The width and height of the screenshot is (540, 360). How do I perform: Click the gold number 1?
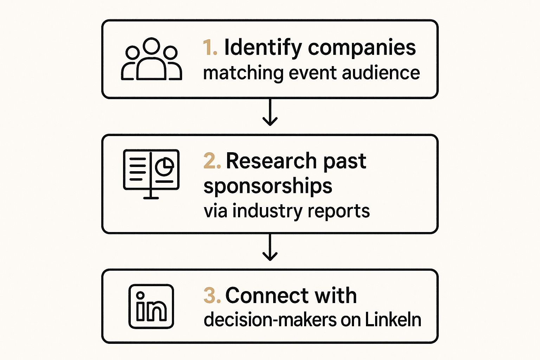pyautogui.click(x=210, y=47)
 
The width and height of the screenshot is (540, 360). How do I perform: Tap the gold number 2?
pyautogui.click(x=212, y=161)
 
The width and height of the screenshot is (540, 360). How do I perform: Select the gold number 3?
pyautogui.click(x=212, y=295)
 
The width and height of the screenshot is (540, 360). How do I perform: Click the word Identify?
pyautogui.click(x=263, y=47)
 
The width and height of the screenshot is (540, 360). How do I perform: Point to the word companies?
pyautogui.click(x=362, y=47)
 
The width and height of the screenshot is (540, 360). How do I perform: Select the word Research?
pyautogui.click(x=271, y=161)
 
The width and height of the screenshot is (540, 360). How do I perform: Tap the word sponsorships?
pyautogui.click(x=268, y=186)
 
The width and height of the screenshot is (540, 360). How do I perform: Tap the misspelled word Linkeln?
pyautogui.click(x=393, y=320)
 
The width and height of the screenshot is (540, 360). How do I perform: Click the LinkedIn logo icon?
pyautogui.click(x=151, y=306)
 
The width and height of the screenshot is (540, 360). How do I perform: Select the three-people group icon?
pyautogui.click(x=151, y=59)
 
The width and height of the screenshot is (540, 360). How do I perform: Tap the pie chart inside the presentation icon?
pyautogui.click(x=164, y=166)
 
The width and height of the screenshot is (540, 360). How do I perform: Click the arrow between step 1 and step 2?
pyautogui.click(x=270, y=112)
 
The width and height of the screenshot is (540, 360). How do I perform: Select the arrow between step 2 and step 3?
pyautogui.click(x=270, y=247)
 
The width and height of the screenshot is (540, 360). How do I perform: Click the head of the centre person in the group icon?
pyautogui.click(x=152, y=46)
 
